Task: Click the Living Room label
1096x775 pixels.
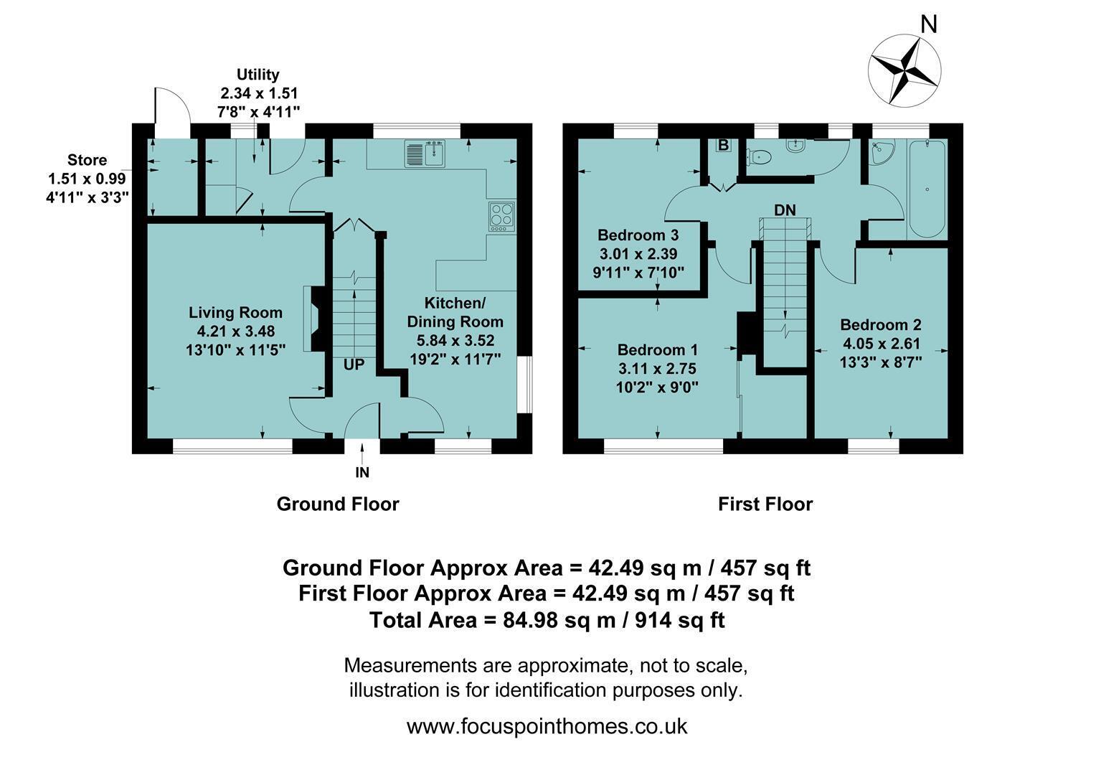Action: coord(235,312)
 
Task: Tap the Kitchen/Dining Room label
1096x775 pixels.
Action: coord(455,312)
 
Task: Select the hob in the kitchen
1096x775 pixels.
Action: coord(501,217)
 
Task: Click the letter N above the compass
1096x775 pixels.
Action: coord(928,24)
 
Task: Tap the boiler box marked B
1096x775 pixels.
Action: coord(723,146)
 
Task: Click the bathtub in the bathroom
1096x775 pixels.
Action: coord(927,189)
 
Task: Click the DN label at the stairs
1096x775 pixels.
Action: coord(784,210)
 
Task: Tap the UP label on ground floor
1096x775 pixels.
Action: coord(354,365)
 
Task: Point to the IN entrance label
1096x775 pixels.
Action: coord(362,472)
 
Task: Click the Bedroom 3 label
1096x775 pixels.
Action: coord(638,235)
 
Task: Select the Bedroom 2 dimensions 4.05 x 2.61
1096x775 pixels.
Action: coord(881,343)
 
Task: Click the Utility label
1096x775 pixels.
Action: coord(258,75)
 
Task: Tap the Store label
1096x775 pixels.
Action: coord(87,160)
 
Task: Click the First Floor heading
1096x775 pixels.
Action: coord(765,504)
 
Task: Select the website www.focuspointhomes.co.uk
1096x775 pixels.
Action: coord(547,726)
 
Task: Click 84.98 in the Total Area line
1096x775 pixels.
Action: coord(530,620)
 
